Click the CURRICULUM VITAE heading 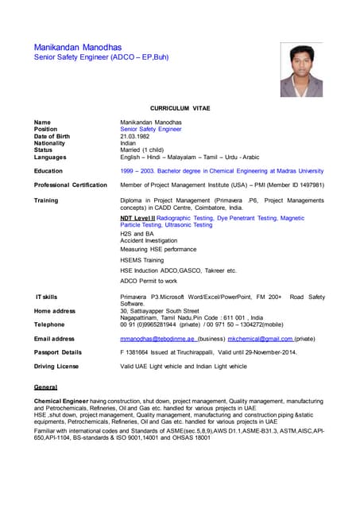click(x=180, y=107)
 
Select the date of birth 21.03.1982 click(x=135, y=135)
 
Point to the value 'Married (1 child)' click(x=144, y=150)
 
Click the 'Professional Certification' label click(x=70, y=185)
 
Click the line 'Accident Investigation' click(x=149, y=240)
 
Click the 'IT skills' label click(x=46, y=297)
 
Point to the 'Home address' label click(x=54, y=311)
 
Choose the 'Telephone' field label click(x=49, y=324)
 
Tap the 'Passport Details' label click(x=57, y=352)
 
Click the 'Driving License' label click(x=56, y=366)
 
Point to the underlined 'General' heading click(x=45, y=387)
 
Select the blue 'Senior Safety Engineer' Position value click(x=151, y=129)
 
